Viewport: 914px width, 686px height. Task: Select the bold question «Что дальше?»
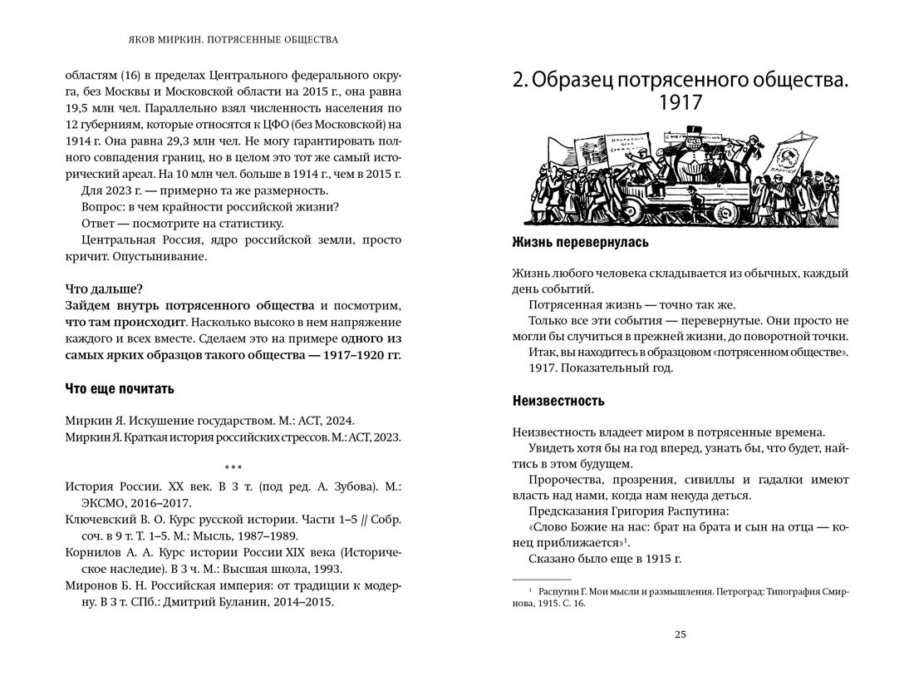click(x=103, y=289)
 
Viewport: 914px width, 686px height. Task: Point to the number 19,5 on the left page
click(x=79, y=107)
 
